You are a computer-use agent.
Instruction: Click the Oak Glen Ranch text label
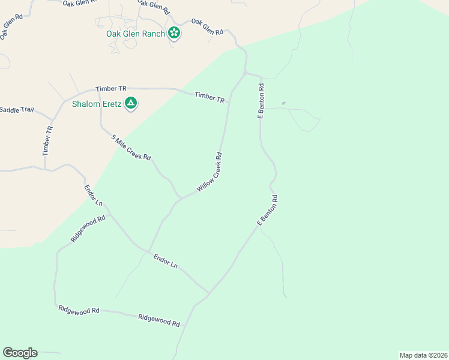pyautogui.click(x=135, y=34)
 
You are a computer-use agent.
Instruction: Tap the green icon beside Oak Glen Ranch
pyautogui.click(x=174, y=33)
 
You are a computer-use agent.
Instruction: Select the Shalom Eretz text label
pyautogui.click(x=96, y=104)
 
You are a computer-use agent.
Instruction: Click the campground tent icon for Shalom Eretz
pyautogui.click(x=131, y=104)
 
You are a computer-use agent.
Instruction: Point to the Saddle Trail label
pyautogui.click(x=17, y=110)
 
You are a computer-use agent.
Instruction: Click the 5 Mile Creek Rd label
pyautogui.click(x=131, y=148)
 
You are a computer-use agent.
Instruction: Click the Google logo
pyautogui.click(x=20, y=353)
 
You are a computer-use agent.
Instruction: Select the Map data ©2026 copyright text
pyautogui.click(x=423, y=355)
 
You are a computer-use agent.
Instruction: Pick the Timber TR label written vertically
pyautogui.click(x=49, y=141)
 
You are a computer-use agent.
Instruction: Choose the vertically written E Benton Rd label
pyautogui.click(x=261, y=101)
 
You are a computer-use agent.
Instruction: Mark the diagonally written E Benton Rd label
pyautogui.click(x=267, y=211)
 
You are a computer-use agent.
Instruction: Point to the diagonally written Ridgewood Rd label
pyautogui.click(x=88, y=229)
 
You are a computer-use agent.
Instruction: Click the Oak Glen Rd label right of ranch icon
pyautogui.click(x=207, y=26)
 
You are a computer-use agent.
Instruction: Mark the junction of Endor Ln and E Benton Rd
pyautogui.click(x=208, y=293)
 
